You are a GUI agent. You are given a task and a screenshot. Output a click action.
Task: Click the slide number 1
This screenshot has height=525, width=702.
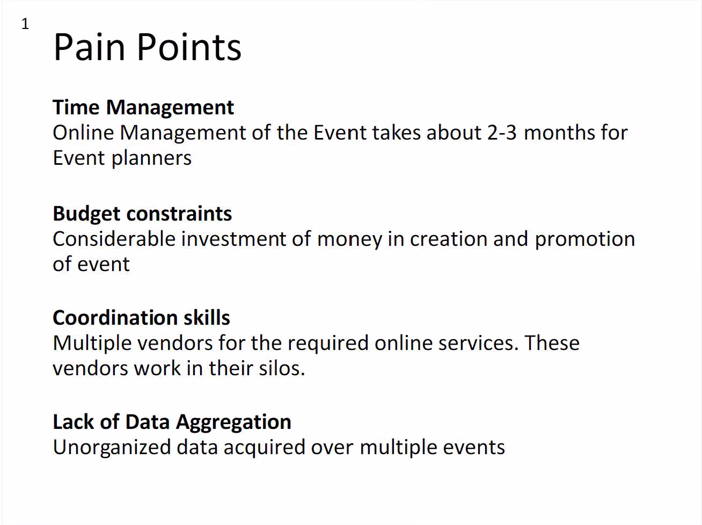pos(25,24)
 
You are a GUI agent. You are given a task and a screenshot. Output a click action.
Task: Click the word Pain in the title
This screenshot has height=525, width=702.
pos(89,47)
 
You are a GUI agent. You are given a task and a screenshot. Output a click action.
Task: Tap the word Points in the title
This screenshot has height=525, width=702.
pos(189,47)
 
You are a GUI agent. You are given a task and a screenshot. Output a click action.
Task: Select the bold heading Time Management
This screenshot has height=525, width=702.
pos(143,108)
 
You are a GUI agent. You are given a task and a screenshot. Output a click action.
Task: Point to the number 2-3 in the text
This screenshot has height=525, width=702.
pos(502,133)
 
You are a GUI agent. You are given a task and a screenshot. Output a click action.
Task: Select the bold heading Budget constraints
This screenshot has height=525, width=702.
pos(142,214)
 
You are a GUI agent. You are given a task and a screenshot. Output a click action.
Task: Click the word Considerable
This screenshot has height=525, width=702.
pos(114,239)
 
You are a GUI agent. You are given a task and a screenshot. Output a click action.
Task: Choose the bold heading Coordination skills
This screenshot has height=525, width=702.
pos(141,318)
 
